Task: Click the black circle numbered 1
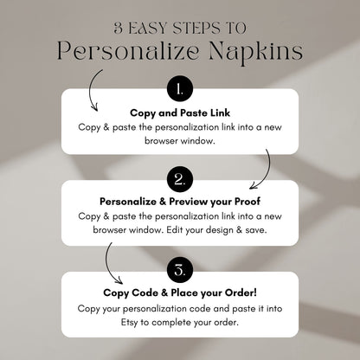[179, 89]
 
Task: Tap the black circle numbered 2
[179, 180]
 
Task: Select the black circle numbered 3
[179, 271]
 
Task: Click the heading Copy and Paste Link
[179, 112]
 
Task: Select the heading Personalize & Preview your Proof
[179, 203]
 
